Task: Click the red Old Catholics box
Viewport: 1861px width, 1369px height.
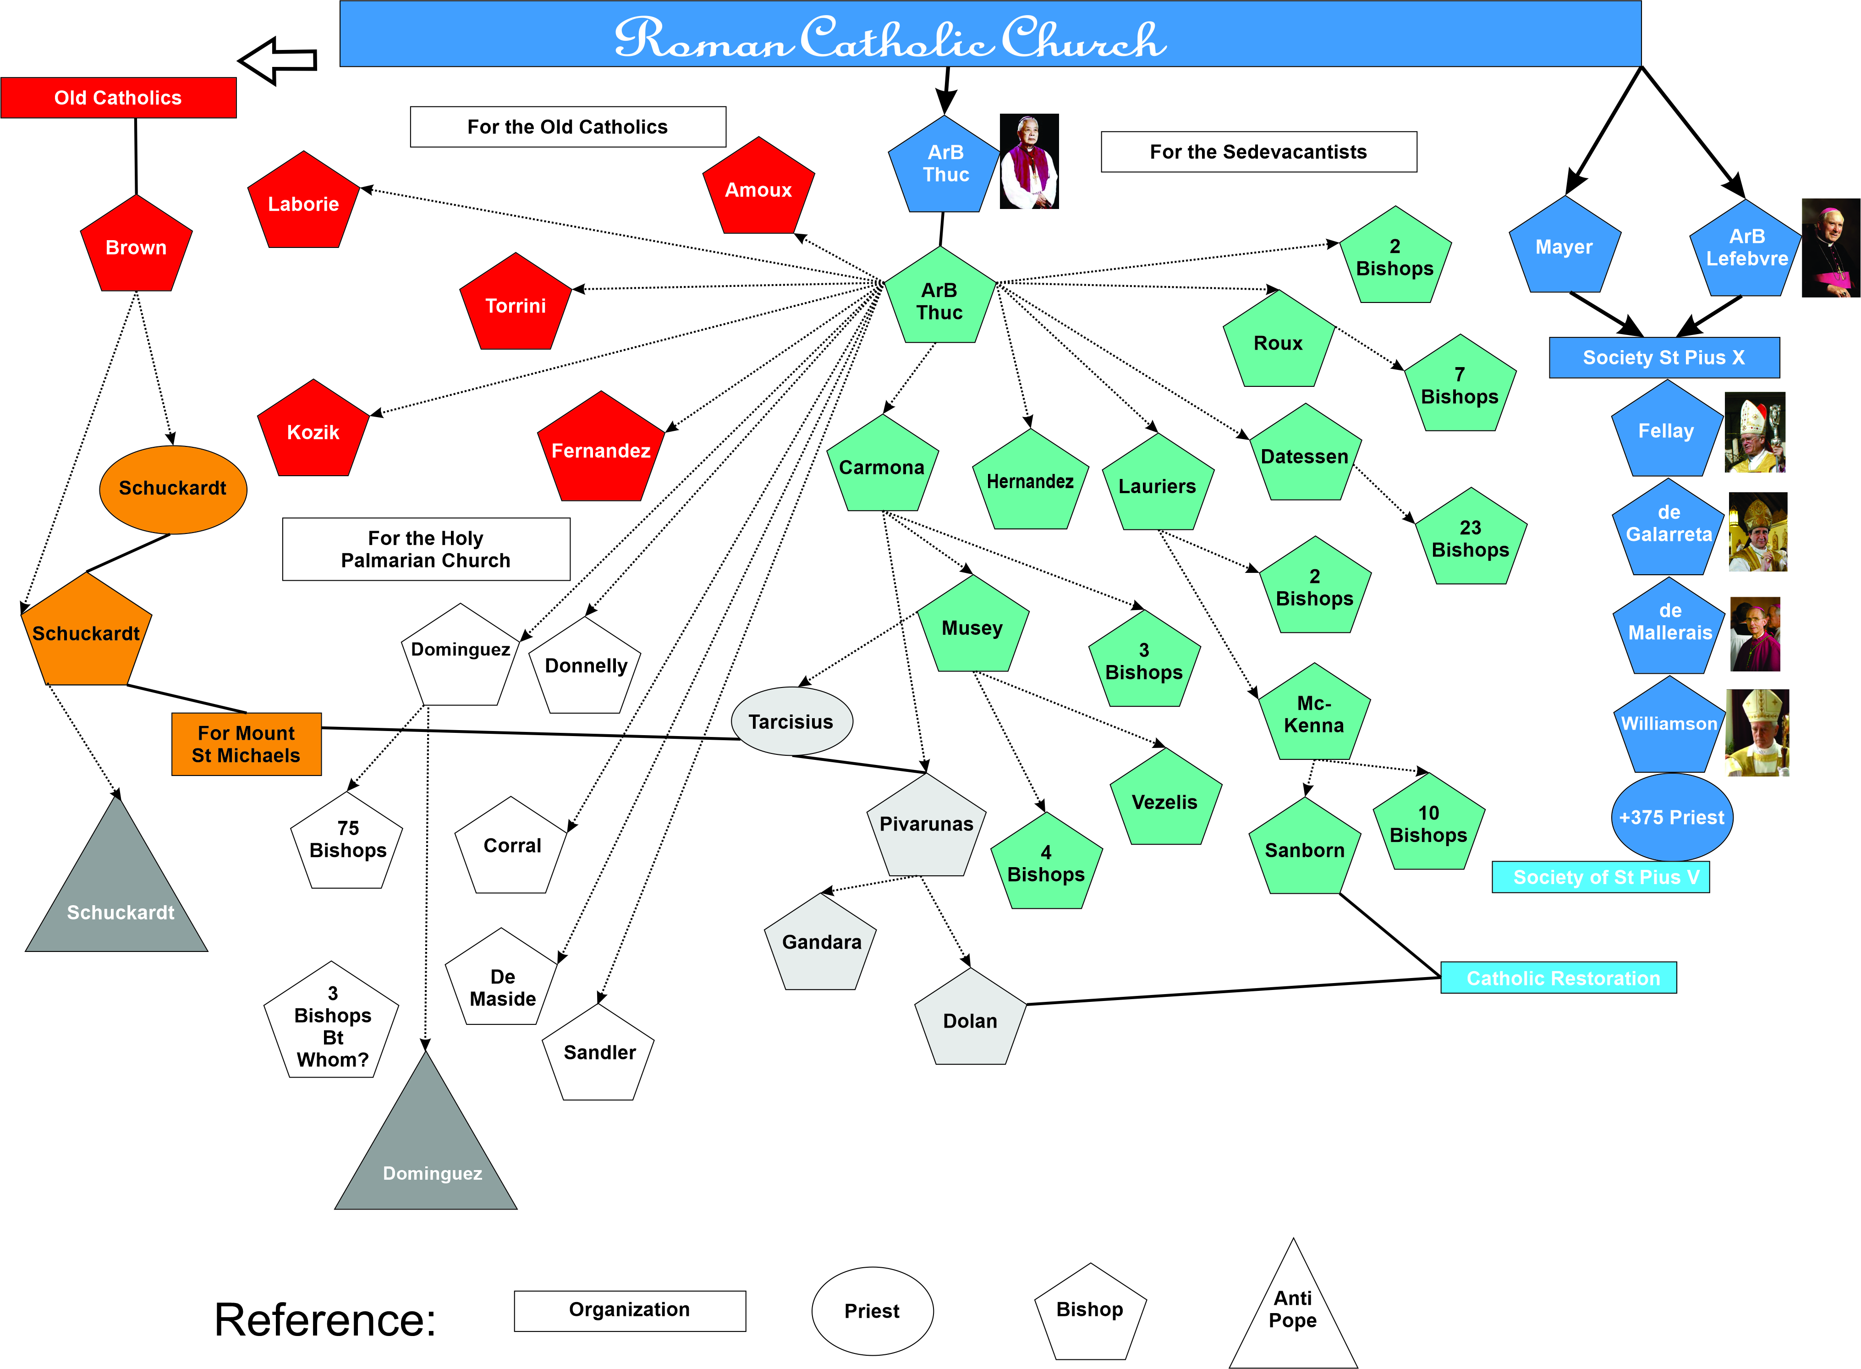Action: [119, 98]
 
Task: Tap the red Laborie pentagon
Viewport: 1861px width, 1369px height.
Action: [303, 203]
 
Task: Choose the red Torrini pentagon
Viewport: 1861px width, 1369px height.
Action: [516, 305]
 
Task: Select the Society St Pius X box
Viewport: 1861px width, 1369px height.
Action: [1664, 357]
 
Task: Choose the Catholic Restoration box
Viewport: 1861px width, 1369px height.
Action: [1559, 978]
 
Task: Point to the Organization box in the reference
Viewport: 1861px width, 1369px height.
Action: [630, 1310]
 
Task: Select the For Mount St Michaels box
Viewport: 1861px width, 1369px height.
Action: [246, 744]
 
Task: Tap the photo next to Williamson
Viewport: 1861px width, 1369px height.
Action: [1757, 732]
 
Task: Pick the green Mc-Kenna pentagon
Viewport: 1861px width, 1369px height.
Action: [1314, 715]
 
